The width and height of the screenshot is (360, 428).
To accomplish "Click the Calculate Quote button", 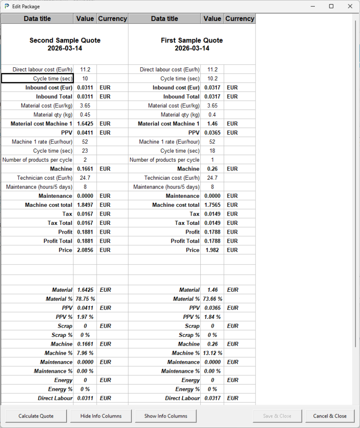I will click(x=36, y=416).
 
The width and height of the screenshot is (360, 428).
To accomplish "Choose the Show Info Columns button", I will click(x=166, y=416).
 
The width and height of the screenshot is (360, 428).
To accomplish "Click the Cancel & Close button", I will click(x=330, y=416).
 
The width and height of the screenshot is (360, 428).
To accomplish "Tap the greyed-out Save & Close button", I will click(x=278, y=416).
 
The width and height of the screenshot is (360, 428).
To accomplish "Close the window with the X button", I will click(x=350, y=6).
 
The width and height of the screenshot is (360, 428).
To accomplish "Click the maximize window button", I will click(x=331, y=6).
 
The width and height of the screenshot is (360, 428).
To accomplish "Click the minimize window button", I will click(x=312, y=6).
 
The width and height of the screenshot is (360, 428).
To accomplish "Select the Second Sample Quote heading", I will click(x=65, y=44).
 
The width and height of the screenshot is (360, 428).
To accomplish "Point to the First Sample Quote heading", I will click(x=192, y=44).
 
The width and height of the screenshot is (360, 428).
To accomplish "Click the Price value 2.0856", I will click(x=85, y=250).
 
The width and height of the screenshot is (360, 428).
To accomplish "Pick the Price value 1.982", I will click(x=212, y=250).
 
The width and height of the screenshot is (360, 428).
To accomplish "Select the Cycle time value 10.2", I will click(x=212, y=79).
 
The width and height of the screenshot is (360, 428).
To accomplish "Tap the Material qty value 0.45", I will click(x=85, y=115).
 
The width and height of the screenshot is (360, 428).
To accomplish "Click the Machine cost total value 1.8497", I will click(x=85, y=205).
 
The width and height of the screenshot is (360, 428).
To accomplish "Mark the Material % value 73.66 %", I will click(x=213, y=299).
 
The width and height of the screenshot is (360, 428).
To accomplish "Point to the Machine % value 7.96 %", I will click(x=85, y=353).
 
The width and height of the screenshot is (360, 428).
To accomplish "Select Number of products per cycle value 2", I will click(x=85, y=160).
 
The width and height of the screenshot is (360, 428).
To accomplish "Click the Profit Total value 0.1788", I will click(x=212, y=241).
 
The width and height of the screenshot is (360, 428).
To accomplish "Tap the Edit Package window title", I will click(x=26, y=6).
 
